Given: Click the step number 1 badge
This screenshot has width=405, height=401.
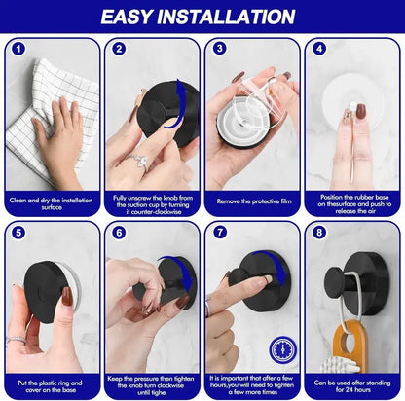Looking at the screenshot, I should (18, 48).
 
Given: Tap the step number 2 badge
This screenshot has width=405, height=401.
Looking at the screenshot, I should (119, 48).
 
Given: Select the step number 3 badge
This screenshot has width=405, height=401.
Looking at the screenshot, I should (219, 48).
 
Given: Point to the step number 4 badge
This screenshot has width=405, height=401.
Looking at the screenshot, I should (319, 48).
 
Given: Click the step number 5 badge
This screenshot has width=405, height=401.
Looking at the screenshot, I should (18, 234).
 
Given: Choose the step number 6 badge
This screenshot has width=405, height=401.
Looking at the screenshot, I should (119, 234).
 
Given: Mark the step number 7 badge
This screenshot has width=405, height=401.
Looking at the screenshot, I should (219, 234).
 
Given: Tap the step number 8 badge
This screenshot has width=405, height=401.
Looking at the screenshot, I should (319, 234).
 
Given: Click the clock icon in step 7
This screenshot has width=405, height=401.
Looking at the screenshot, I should (281, 346).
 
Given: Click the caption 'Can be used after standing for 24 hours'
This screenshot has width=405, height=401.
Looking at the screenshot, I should (352, 388).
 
